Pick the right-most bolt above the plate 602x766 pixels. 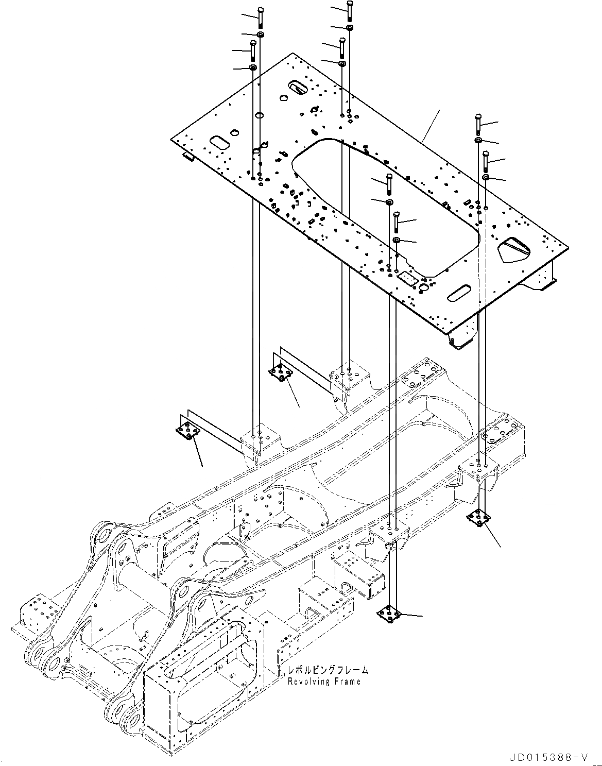[485, 161]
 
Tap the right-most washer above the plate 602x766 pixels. [486, 178]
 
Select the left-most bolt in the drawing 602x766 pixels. [252, 49]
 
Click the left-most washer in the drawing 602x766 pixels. [253, 68]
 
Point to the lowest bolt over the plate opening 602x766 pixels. [396, 221]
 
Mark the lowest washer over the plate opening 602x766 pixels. [397, 240]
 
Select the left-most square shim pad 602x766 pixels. [187, 432]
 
